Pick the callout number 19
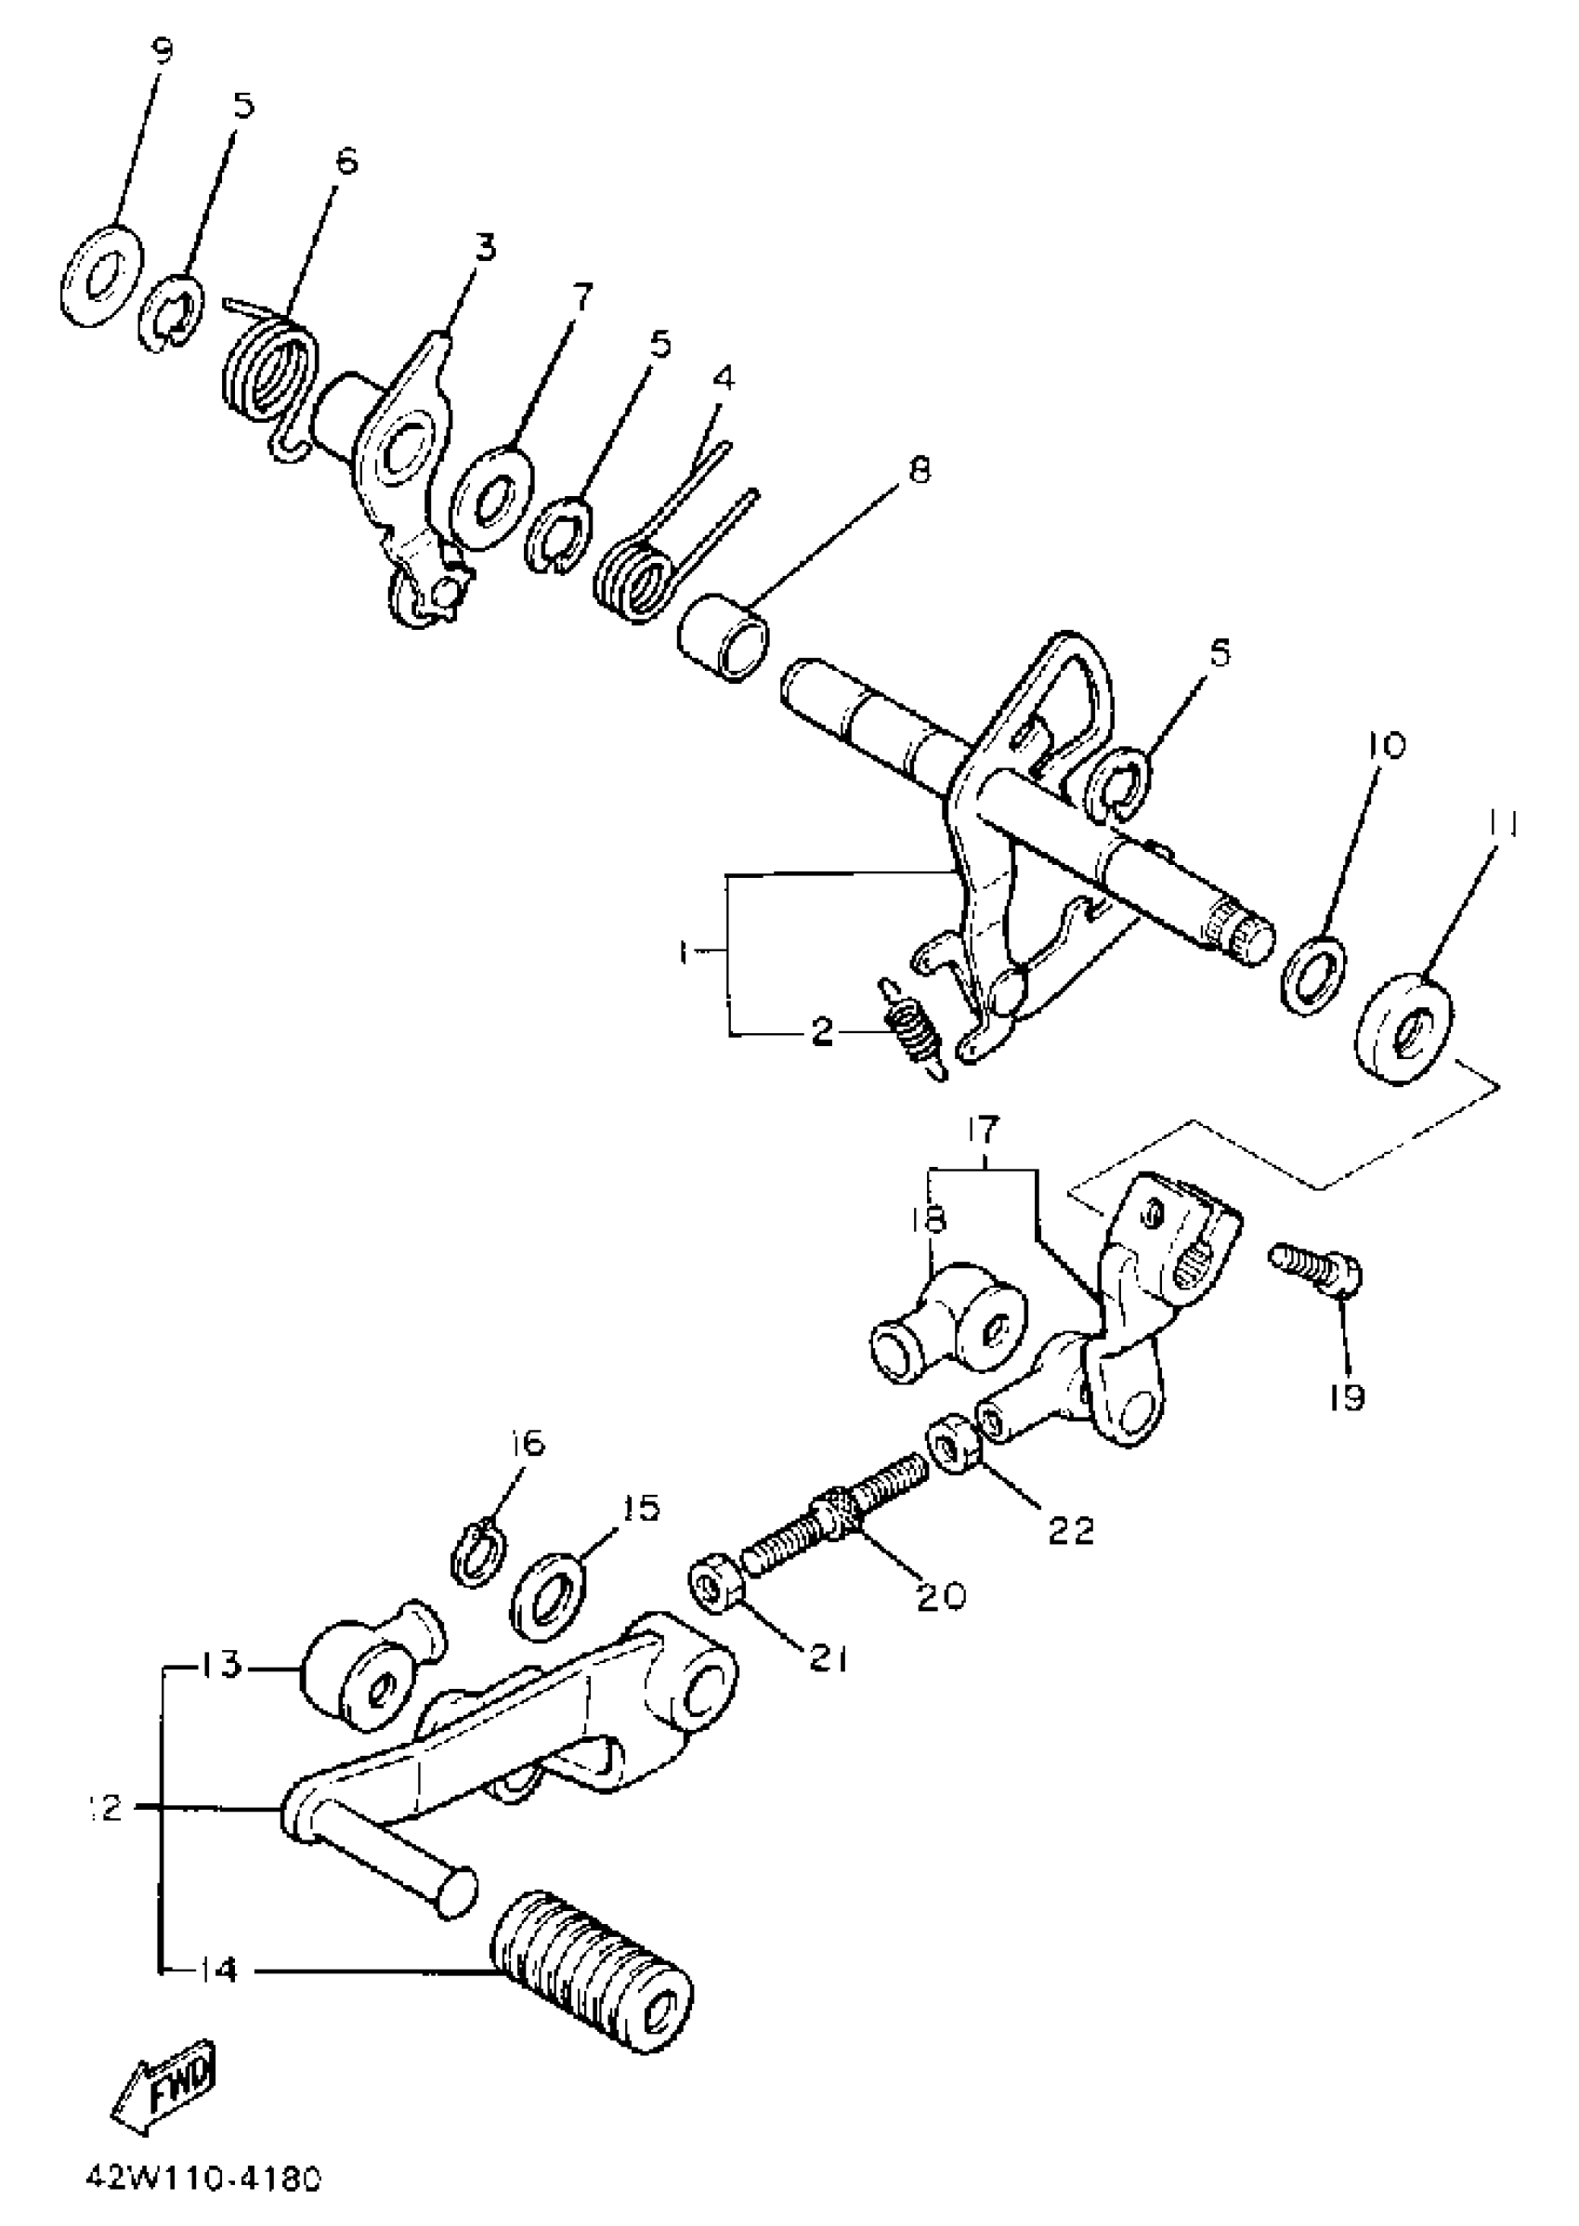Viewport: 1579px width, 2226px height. [1350, 1397]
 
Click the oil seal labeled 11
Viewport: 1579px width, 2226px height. [1408, 1024]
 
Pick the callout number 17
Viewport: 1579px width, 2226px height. [983, 1132]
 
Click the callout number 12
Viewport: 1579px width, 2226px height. [104, 1810]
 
